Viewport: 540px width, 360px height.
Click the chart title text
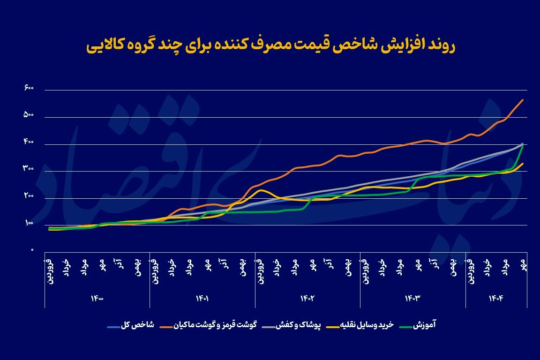[x=271, y=45]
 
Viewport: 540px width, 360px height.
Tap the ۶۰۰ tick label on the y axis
[x=29, y=88]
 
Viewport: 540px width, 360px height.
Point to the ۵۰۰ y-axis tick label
[x=29, y=115]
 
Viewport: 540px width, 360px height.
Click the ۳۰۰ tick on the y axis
[x=29, y=169]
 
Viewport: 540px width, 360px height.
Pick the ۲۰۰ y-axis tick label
[x=29, y=196]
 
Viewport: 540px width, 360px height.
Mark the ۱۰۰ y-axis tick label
[x=29, y=223]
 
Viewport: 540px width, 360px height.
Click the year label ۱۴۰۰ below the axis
[x=97, y=298]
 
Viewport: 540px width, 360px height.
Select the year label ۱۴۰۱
[x=202, y=298]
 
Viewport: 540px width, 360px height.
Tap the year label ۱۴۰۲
[x=307, y=298]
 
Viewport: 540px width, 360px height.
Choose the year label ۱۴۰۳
[x=413, y=298]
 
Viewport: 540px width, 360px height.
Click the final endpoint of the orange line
[x=523, y=100]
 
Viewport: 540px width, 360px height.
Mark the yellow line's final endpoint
[x=523, y=164]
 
